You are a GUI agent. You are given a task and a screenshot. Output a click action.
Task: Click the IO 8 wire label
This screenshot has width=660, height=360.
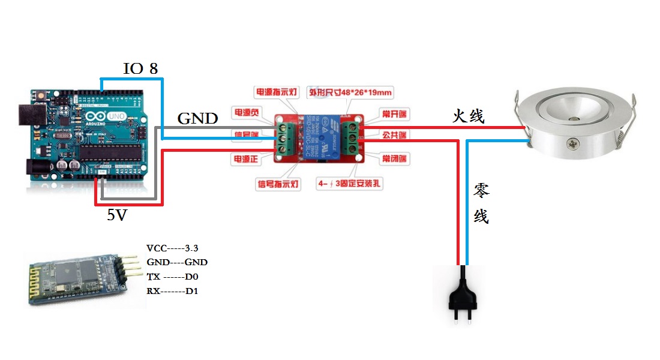pos(140,68)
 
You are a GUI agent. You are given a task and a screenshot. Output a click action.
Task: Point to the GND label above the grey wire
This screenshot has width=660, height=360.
pos(197,118)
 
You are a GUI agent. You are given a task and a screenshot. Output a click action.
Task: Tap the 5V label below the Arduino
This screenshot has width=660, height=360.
pos(117,215)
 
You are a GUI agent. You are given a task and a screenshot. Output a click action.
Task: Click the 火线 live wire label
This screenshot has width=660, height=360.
pos(468,116)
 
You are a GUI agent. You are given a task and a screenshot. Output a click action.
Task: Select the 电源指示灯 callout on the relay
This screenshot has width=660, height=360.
pos(276,92)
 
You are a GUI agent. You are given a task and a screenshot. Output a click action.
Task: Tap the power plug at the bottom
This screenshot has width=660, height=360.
pos(463,294)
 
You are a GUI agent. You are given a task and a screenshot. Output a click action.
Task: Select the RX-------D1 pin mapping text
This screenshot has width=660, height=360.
pos(172,291)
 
